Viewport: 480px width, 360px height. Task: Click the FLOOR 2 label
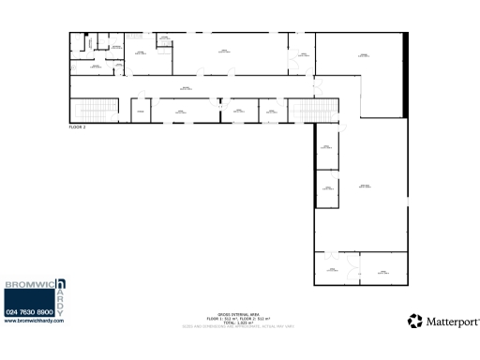coord(78,125)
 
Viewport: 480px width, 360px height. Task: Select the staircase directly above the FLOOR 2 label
coord(94,109)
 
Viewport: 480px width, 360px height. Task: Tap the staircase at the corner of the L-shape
coord(305,111)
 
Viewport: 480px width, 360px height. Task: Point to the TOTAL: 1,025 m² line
coord(239,322)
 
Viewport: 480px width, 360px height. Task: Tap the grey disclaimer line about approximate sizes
coord(239,326)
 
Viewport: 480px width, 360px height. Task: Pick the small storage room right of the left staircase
coord(139,112)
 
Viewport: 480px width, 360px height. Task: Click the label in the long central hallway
coord(186,87)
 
